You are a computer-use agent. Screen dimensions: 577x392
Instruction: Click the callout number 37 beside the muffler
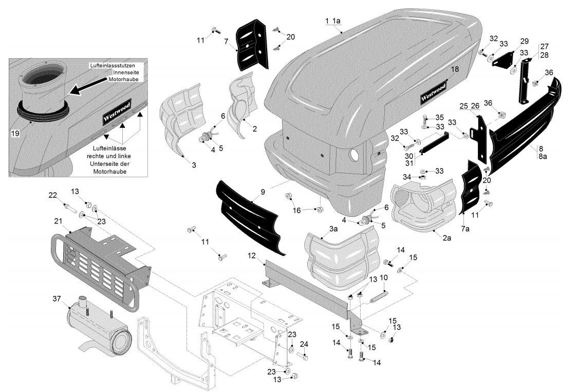click(x=57, y=298)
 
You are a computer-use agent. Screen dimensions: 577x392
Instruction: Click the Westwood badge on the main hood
click(x=433, y=92)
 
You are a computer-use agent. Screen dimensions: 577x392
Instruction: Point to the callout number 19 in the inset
click(x=15, y=134)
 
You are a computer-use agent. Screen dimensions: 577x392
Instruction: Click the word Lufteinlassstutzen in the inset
click(x=112, y=66)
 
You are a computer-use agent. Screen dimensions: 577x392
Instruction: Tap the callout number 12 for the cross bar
click(x=252, y=255)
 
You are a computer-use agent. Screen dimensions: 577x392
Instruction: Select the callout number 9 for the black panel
click(x=263, y=192)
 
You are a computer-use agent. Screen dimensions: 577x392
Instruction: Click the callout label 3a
click(x=333, y=229)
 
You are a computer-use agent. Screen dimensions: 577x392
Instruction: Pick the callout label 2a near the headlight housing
click(x=446, y=238)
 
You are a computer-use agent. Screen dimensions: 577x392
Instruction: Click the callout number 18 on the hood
click(x=455, y=69)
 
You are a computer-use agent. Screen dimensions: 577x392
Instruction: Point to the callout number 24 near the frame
click(x=304, y=344)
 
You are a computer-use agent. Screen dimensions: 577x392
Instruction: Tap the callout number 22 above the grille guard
click(x=53, y=195)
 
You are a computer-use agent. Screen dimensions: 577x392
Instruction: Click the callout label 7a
click(x=465, y=229)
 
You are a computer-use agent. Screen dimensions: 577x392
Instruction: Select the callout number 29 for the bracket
click(x=524, y=41)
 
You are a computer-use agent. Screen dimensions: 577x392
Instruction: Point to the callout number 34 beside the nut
click(x=406, y=177)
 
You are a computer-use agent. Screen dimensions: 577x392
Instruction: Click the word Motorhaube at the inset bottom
click(x=109, y=172)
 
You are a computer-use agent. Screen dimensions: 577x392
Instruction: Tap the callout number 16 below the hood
click(x=296, y=210)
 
